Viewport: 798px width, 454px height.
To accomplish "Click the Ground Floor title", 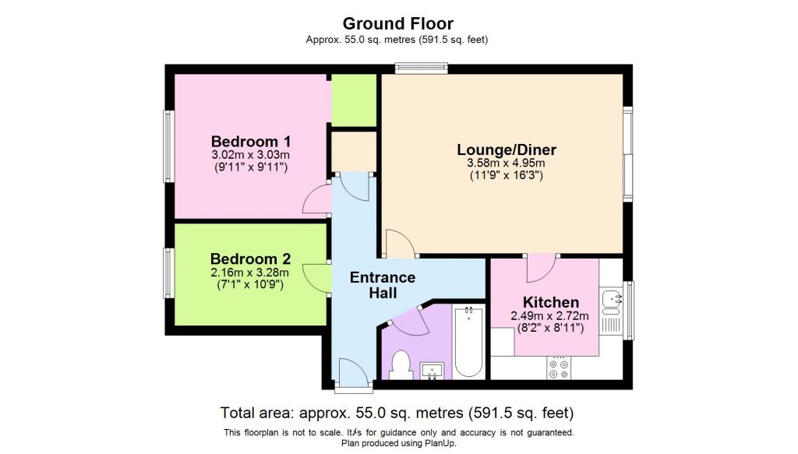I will [398, 23].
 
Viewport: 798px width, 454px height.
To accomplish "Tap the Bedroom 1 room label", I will [251, 142].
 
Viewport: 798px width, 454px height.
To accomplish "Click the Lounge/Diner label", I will [506, 150].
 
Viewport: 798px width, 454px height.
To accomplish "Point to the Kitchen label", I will [550, 302].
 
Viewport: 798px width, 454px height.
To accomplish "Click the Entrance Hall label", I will [383, 285].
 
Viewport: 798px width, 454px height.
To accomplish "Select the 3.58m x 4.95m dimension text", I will [506, 164].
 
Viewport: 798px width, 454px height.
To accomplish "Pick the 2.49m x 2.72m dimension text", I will [550, 316].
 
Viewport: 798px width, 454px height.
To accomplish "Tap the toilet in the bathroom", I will [401, 364].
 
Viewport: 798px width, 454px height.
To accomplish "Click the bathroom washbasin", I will [432, 369].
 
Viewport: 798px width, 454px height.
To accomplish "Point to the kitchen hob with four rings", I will [559, 368].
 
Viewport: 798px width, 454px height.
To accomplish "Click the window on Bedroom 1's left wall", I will [168, 146].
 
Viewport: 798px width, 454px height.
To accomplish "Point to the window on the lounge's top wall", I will [421, 69].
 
